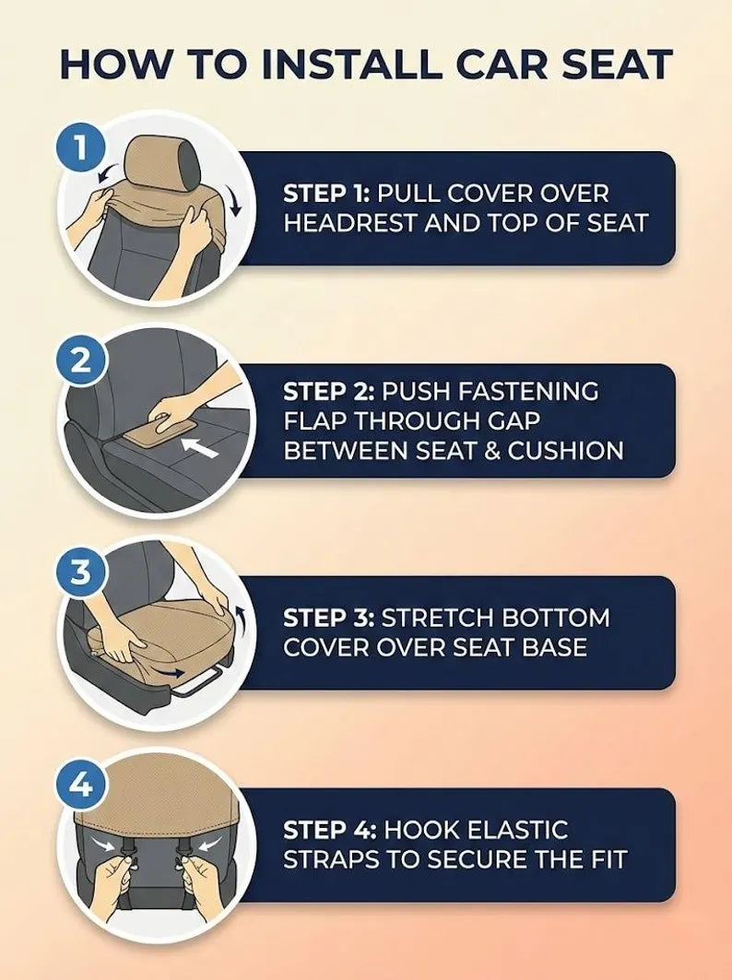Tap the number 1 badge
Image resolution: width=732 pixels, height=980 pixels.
point(80,148)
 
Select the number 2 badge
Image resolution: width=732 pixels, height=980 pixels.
point(80,360)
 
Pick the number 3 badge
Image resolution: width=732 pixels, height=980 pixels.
point(80,573)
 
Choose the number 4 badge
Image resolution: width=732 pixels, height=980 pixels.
point(80,785)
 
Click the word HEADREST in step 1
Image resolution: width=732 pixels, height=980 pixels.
point(350,223)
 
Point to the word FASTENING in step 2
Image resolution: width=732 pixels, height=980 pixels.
point(528,392)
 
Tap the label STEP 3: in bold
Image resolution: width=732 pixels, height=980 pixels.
point(329,618)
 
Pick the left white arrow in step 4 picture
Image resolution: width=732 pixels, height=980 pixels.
point(102,844)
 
